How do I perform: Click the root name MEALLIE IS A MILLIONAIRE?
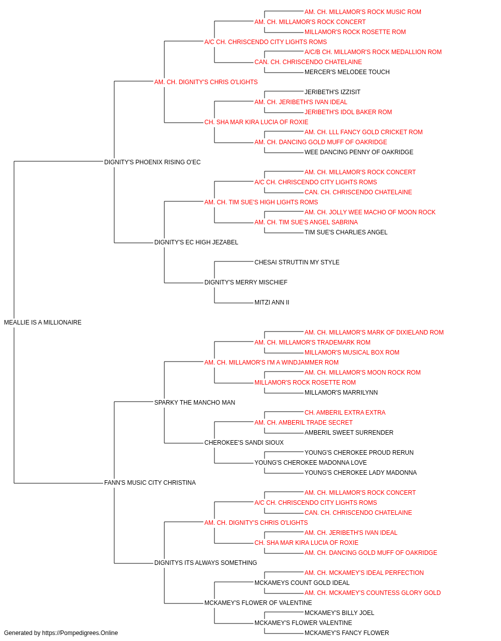point(43,323)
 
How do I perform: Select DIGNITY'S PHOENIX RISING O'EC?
point(152,162)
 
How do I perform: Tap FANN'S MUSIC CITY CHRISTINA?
point(150,483)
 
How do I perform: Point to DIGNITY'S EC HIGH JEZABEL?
point(196,242)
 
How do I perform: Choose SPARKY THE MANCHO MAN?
point(195,402)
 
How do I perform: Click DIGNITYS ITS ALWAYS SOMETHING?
point(205,563)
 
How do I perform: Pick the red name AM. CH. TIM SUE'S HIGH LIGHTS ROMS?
point(261,202)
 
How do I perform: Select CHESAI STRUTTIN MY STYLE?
point(297,262)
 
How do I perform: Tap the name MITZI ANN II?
point(272,302)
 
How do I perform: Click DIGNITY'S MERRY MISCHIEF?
point(246,282)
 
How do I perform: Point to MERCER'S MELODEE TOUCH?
point(347,72)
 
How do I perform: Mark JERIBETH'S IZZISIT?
point(332,92)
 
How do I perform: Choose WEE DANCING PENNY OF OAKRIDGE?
point(359,152)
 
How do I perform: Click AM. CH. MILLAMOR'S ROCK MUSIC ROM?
point(363,12)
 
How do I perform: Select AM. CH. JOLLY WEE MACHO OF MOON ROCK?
point(370,212)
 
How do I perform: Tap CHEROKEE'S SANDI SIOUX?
point(244,443)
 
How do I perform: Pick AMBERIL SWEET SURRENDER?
point(349,433)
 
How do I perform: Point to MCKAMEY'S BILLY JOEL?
point(339,612)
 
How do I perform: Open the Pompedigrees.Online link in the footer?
point(80,633)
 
